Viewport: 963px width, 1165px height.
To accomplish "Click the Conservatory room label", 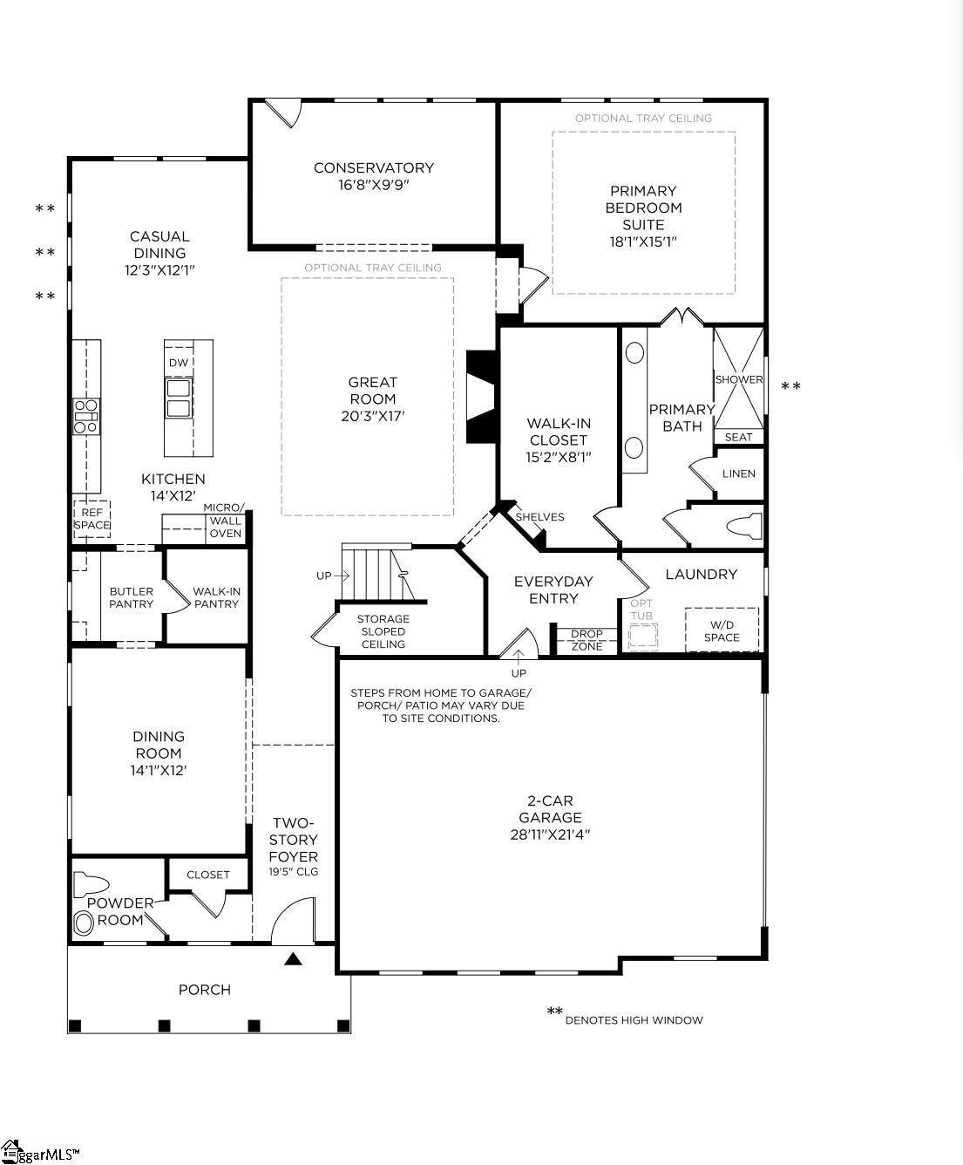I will coord(373,167).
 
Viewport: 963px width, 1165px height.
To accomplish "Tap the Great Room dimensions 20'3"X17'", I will coord(373,416).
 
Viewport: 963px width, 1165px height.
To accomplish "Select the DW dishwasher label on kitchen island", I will coord(179,363).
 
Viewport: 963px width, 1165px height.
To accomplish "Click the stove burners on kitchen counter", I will coord(86,416).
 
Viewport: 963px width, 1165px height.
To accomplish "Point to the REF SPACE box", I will coord(92,519).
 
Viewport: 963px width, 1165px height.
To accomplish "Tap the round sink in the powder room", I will coord(85,923).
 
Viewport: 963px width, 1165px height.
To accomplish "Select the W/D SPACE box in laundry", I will coord(722,630).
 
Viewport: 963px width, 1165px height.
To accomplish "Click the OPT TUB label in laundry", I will coord(641,610).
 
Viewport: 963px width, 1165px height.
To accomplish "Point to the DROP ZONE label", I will coord(587,640).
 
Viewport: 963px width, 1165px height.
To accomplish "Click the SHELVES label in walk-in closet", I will coord(539,517).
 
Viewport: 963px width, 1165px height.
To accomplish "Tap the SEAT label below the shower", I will coord(738,437).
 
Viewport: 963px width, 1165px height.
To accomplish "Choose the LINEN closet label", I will coord(739,473).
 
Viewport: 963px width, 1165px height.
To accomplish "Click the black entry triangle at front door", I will coord(294,959).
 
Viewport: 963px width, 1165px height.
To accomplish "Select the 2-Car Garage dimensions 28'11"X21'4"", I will coord(550,835).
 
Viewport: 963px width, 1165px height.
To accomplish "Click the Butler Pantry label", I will coord(132,597).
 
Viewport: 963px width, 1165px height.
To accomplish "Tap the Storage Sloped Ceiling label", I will coord(383,631).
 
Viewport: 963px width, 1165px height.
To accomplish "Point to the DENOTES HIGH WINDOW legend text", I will coord(634,1020).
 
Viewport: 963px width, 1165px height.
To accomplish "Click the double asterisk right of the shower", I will coord(790,386).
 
